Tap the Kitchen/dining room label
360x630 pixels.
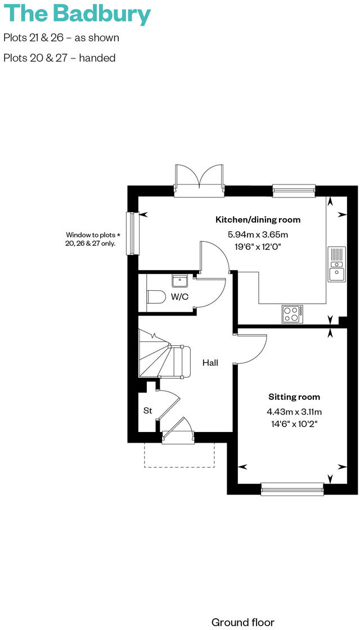click(258, 219)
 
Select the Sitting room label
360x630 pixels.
click(294, 397)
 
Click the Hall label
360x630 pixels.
click(210, 363)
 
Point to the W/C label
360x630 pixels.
click(179, 296)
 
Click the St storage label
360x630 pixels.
click(147, 411)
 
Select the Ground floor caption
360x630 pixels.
click(243, 622)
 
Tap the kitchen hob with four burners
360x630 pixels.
click(292, 313)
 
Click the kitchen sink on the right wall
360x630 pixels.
click(336, 264)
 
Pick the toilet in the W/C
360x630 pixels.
click(154, 297)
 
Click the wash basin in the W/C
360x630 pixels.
click(180, 280)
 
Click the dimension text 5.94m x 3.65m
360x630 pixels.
click(258, 235)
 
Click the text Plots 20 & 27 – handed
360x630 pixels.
click(60, 58)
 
